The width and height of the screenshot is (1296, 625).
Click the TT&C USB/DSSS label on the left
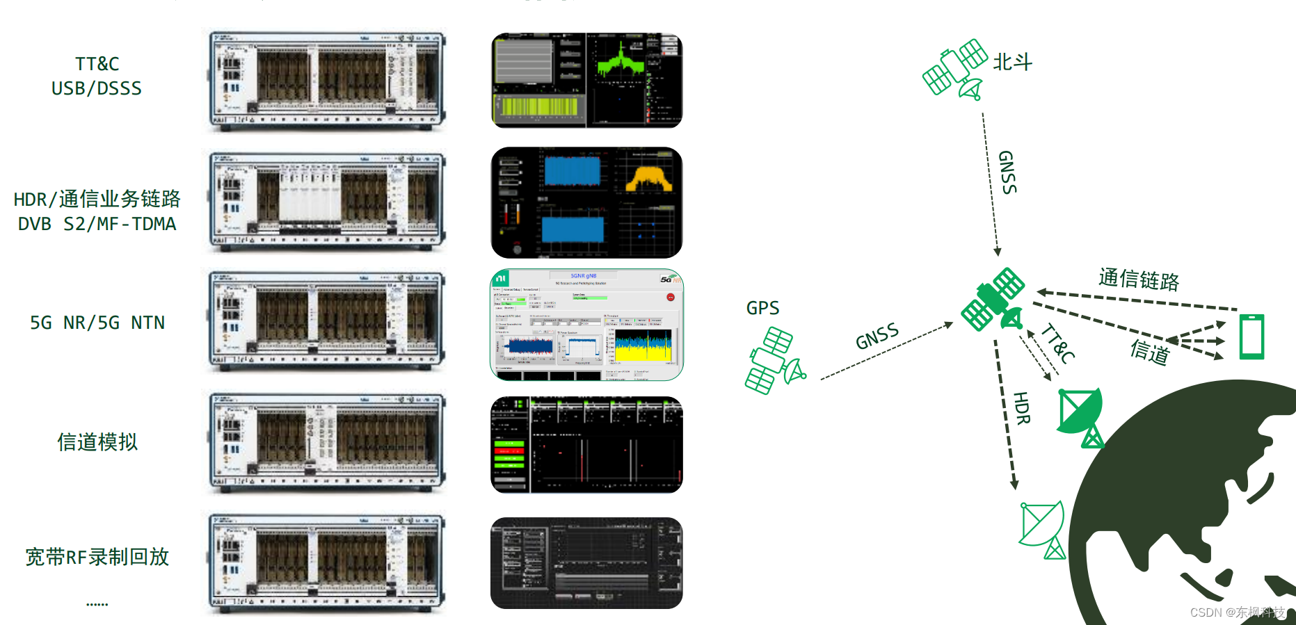coord(97,76)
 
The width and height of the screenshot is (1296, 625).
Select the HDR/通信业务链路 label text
coord(97,200)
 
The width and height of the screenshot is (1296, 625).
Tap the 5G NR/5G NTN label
coord(97,323)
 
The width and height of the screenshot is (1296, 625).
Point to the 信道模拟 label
coord(97,442)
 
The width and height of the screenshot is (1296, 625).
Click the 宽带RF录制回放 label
coord(97,557)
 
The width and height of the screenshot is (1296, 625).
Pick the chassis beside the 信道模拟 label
coord(327,443)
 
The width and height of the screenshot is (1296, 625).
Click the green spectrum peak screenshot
coord(586,80)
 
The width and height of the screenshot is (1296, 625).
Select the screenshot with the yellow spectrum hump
coord(586,202)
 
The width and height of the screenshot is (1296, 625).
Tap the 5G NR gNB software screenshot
coord(586,325)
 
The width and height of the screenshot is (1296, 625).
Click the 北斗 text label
coord(1012,63)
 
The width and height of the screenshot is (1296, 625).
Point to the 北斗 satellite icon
coord(955,68)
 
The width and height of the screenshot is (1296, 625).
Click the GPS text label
coord(762,308)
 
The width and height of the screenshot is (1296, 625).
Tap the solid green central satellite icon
coord(993,300)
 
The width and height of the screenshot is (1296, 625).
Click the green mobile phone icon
coord(1251,336)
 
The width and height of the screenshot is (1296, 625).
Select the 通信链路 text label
coord(1139,279)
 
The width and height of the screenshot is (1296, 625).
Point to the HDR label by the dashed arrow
coord(1021,408)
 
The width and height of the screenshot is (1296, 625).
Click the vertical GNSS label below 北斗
coord(1007,172)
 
